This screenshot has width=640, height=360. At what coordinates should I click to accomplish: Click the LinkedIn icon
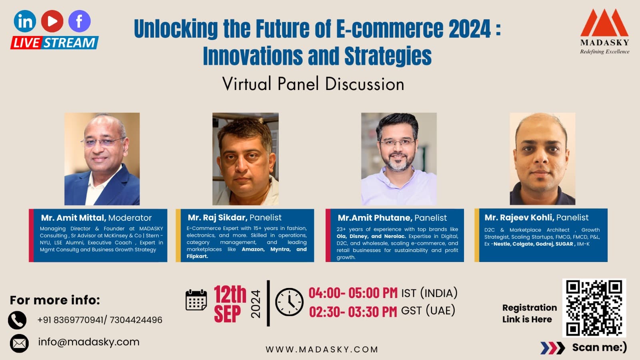click(x=25, y=21)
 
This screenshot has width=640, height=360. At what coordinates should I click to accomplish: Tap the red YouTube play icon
click(x=52, y=21)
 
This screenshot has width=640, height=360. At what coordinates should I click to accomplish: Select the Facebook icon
click(x=79, y=21)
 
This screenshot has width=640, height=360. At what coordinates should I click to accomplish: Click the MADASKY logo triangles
click(x=604, y=23)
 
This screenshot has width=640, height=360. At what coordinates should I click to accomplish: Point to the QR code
click(x=594, y=308)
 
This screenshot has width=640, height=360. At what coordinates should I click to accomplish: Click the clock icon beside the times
click(x=289, y=302)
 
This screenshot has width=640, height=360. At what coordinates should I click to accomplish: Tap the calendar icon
click(x=196, y=300)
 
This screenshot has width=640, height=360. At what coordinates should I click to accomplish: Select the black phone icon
click(x=17, y=320)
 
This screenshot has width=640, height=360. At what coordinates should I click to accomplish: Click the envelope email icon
click(x=19, y=343)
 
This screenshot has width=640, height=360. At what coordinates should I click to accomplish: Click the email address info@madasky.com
click(x=89, y=342)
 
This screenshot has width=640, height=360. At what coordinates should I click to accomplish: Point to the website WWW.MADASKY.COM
click(x=322, y=349)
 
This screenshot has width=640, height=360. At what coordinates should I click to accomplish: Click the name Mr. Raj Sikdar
click(x=217, y=218)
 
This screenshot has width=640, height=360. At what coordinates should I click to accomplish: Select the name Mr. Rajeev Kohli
click(x=519, y=218)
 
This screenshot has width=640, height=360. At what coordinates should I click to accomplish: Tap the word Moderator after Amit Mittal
click(x=130, y=218)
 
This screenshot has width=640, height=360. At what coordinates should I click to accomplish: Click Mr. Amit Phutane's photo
click(x=399, y=159)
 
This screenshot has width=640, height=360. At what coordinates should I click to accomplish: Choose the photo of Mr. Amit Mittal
click(x=102, y=159)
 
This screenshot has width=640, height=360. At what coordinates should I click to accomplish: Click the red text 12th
click(x=230, y=295)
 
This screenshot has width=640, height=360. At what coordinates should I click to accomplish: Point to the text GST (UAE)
click(x=428, y=311)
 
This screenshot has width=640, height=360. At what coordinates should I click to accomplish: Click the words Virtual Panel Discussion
click(x=313, y=84)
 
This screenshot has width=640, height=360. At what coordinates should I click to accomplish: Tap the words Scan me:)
click(x=599, y=347)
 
